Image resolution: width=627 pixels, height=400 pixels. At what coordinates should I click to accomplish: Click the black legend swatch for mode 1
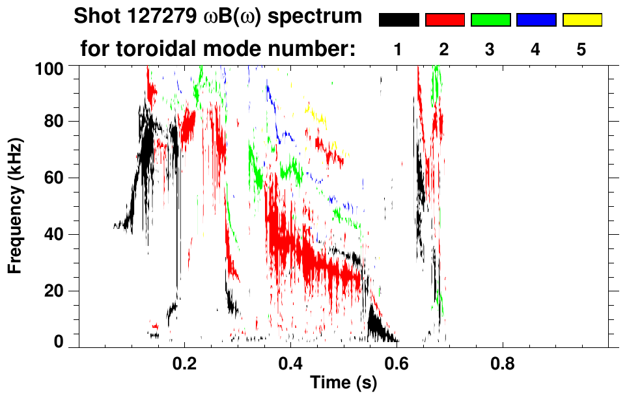coord(399,20)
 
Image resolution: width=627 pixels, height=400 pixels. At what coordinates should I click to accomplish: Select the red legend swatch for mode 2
coord(445,20)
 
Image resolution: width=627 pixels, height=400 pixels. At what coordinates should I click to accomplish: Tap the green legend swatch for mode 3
coord(490,20)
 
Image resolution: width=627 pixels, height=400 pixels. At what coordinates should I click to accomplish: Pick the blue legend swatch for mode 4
coord(536,20)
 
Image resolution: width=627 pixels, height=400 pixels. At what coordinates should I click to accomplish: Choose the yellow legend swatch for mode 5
coord(581,20)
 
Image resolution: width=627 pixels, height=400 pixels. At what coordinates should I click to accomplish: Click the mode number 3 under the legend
coord(490,49)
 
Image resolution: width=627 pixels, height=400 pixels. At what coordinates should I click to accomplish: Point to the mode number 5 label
coord(581,49)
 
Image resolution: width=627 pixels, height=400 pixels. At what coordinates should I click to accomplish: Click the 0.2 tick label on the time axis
coord(184,362)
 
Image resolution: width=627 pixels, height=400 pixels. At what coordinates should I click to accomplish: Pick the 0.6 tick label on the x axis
coord(397,362)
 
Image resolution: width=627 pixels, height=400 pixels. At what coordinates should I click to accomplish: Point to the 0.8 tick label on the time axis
coord(502,362)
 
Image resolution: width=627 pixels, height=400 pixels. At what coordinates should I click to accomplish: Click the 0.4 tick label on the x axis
coord(290,362)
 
